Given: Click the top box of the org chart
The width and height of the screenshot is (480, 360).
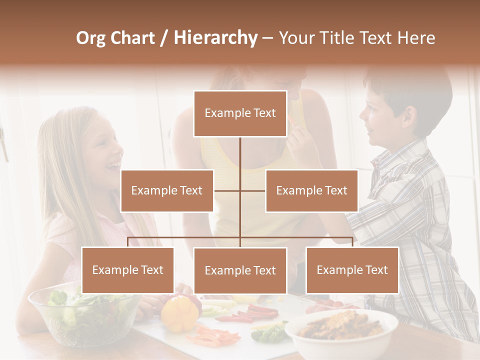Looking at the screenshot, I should pos(240,113).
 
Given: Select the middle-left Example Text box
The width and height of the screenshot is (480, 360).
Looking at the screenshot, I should pos(167,190).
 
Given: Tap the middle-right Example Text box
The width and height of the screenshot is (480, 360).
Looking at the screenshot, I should pos(311,190).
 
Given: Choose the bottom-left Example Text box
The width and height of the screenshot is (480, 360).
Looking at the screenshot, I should pos(127,270).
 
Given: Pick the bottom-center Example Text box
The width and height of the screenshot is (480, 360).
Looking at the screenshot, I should pos(240,270).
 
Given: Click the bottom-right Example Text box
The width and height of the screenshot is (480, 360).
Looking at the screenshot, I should pos(352,270).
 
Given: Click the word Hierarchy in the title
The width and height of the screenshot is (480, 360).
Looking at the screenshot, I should pos(215,38).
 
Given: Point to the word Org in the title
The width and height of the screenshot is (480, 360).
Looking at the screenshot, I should pos(90,38).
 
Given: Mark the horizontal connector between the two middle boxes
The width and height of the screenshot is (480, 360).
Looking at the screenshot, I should pos(240,190).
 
